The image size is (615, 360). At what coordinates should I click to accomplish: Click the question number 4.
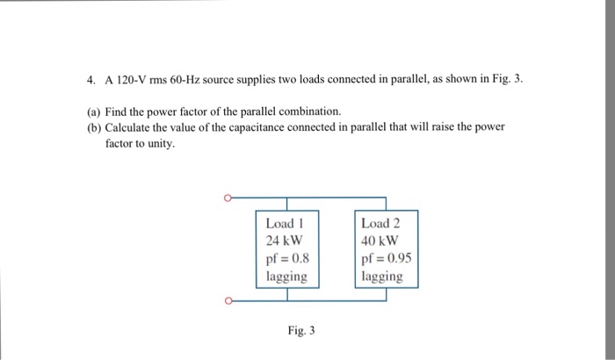90,79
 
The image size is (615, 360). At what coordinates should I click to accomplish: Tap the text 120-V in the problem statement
130,79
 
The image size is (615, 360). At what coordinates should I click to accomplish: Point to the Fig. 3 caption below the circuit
300,331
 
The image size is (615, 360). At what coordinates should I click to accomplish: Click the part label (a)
94,112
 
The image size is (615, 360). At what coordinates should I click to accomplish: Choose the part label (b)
94,127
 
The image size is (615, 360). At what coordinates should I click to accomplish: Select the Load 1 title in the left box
284,223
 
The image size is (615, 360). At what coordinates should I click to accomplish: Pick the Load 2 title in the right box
381,223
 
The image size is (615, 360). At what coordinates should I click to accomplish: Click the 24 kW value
284,241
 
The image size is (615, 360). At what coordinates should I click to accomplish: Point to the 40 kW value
380,241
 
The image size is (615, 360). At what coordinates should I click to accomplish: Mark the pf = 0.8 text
286,258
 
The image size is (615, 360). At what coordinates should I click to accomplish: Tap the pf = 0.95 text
386,258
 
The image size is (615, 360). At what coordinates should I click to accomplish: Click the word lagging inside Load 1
286,277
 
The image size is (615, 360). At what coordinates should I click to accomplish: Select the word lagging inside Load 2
382,277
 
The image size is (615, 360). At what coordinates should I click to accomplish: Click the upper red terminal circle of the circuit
227,198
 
